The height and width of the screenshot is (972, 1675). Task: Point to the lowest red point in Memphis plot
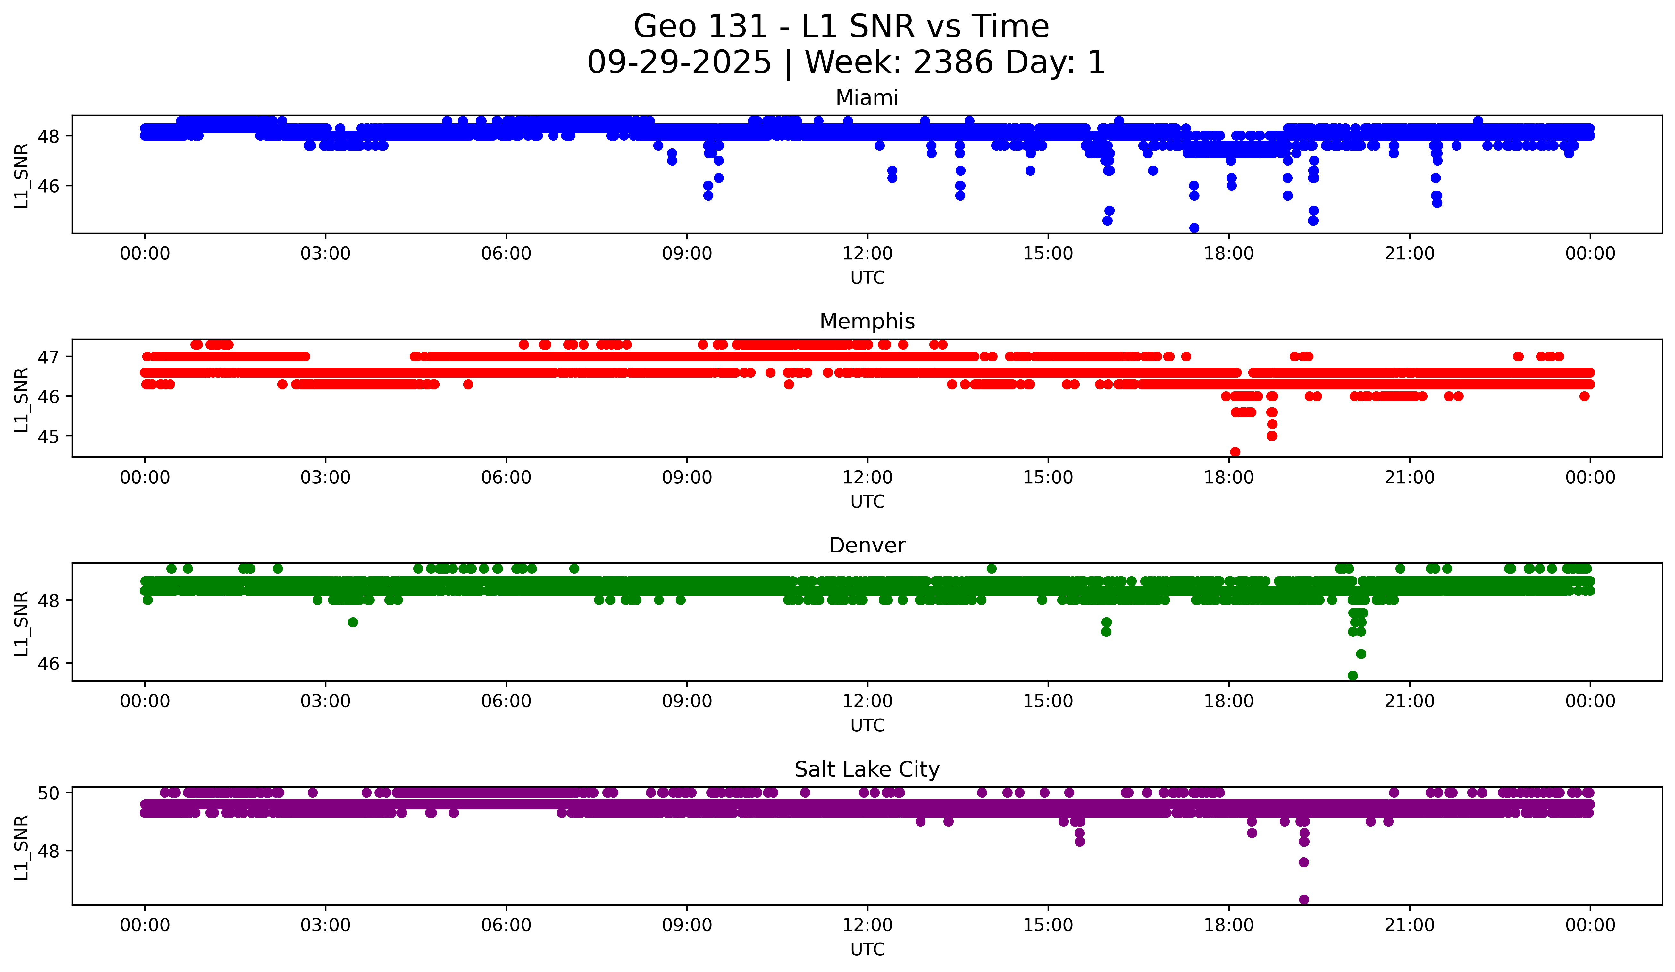click(1235, 452)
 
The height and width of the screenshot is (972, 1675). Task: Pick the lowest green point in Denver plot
click(1353, 676)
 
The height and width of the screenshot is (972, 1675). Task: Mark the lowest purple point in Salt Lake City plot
click(1304, 900)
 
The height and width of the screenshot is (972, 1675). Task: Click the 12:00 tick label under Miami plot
click(867, 254)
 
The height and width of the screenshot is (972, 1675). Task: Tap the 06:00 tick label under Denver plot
click(507, 702)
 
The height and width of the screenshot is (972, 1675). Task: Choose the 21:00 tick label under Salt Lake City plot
click(1410, 926)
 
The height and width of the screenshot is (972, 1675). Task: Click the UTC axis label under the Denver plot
click(867, 726)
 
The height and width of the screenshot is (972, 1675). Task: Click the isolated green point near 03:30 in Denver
click(353, 622)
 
